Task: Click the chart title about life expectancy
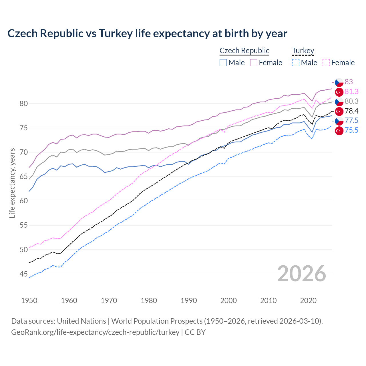coord(147,33)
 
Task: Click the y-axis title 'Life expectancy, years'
coord(12,183)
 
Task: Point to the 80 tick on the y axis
coord(24,104)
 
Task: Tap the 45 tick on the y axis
coord(24,274)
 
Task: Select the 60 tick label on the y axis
coord(24,201)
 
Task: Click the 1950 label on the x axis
coord(29,301)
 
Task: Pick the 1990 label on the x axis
coord(189,301)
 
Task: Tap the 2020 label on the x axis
coord(308,301)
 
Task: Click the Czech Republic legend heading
coord(244,51)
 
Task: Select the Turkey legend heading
coord(303,51)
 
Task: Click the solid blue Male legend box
coord(223,63)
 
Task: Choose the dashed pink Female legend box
coord(326,63)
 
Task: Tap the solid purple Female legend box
coord(254,63)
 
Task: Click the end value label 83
coord(349,82)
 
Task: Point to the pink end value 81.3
coord(351,91)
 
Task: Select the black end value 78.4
coord(351,111)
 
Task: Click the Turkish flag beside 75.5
coord(339,131)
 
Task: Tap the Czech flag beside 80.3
coord(339,102)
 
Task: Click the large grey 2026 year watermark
coord(301,274)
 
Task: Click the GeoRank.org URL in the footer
coord(95,332)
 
